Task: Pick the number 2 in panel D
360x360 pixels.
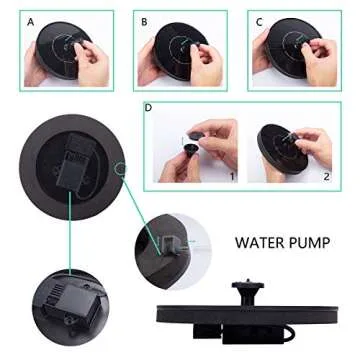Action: (x=324, y=176)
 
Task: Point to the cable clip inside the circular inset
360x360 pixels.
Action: (x=168, y=243)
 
